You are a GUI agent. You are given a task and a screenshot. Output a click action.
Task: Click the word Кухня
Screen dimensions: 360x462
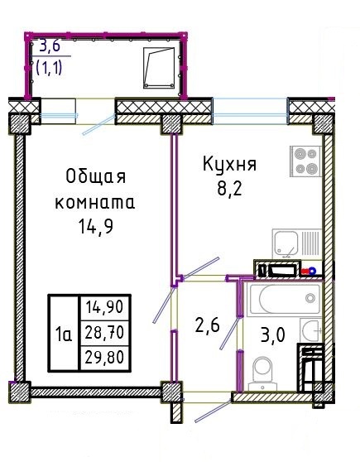point(229,164)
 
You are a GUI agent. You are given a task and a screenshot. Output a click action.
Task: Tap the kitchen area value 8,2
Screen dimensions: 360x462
point(229,189)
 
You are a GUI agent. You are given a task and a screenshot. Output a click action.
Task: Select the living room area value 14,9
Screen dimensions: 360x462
point(96,227)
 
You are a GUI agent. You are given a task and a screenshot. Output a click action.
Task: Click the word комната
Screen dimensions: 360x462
point(95,203)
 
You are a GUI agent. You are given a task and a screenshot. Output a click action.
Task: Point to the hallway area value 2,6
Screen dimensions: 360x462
point(208,326)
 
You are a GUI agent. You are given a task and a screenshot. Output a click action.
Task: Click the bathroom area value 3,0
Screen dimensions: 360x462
point(273,335)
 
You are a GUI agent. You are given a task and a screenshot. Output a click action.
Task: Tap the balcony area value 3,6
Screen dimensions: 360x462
point(50,46)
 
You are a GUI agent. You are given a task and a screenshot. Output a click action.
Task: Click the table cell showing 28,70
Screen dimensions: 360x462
point(104,333)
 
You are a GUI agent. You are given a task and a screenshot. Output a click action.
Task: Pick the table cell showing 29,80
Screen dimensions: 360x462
point(104,358)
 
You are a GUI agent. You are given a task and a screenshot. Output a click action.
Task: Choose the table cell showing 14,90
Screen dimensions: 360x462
point(104,308)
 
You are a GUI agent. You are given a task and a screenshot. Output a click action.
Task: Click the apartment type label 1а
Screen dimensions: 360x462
point(64,335)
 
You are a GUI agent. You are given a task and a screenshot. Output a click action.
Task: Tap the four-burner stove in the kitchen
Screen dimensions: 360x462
point(305,161)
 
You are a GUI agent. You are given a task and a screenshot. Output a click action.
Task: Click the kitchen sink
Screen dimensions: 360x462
point(297,244)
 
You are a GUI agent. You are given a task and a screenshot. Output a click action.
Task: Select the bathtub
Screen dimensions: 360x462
point(285,299)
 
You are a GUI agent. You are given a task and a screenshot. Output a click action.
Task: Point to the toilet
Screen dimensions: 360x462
point(263,373)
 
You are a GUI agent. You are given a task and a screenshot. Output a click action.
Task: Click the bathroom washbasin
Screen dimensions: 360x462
point(311,331)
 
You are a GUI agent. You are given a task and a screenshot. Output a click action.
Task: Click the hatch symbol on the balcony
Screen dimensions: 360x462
point(159,68)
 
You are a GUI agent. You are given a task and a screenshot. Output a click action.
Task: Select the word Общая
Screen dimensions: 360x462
point(96,177)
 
